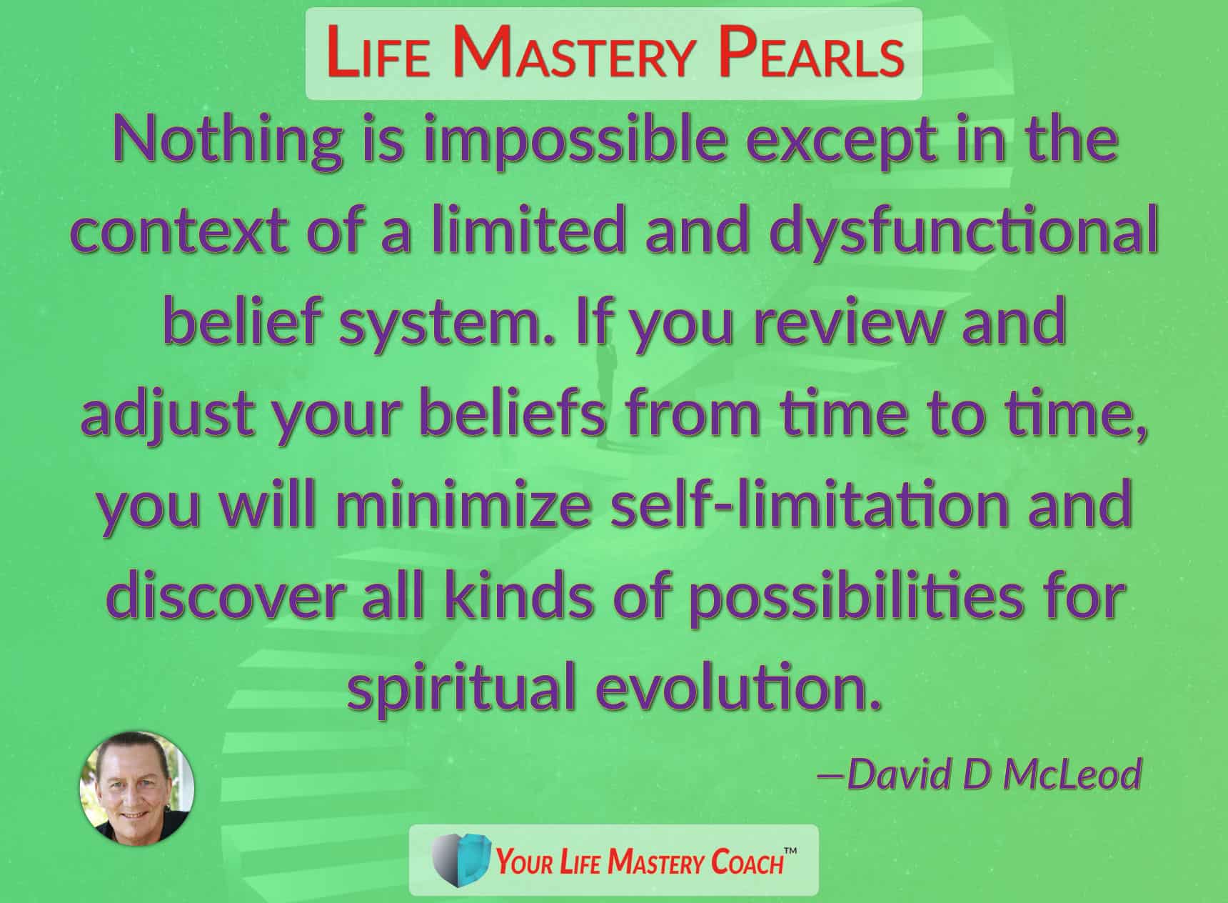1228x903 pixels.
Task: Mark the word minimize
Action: pos(465,504)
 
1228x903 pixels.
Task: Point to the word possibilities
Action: pos(855,597)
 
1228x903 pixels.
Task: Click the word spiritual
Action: pos(462,689)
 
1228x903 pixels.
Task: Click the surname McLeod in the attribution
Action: pos(1072,774)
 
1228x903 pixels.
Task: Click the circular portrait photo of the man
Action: pos(136,788)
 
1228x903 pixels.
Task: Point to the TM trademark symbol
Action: pos(790,851)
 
